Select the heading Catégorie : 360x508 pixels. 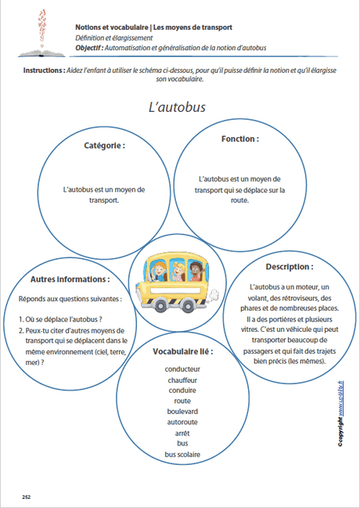pyautogui.click(x=104, y=145)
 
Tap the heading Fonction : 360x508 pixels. pyautogui.click(x=240, y=138)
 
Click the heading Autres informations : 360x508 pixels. pyautogui.click(x=70, y=279)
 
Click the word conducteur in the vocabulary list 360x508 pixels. pyautogui.click(x=183, y=369)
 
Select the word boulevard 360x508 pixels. pyautogui.click(x=182, y=411)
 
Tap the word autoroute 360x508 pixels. pyautogui.click(x=182, y=422)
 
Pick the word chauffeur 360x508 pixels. pyautogui.click(x=182, y=380)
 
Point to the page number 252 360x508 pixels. pyautogui.click(x=26, y=496)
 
